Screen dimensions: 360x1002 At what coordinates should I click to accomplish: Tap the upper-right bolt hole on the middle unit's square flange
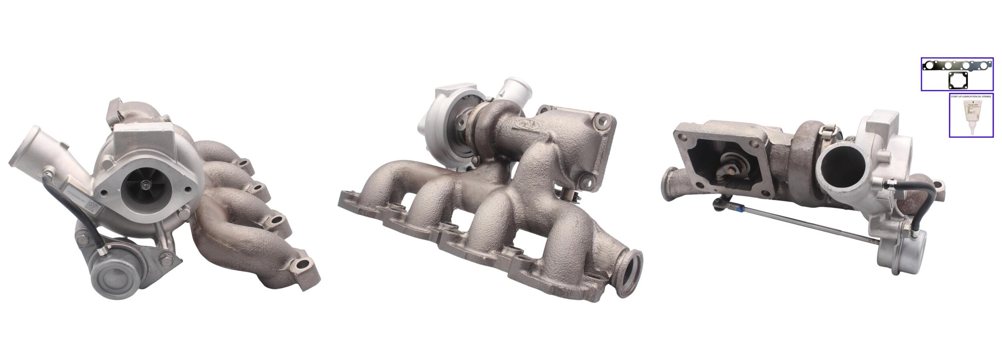click(601, 119)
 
